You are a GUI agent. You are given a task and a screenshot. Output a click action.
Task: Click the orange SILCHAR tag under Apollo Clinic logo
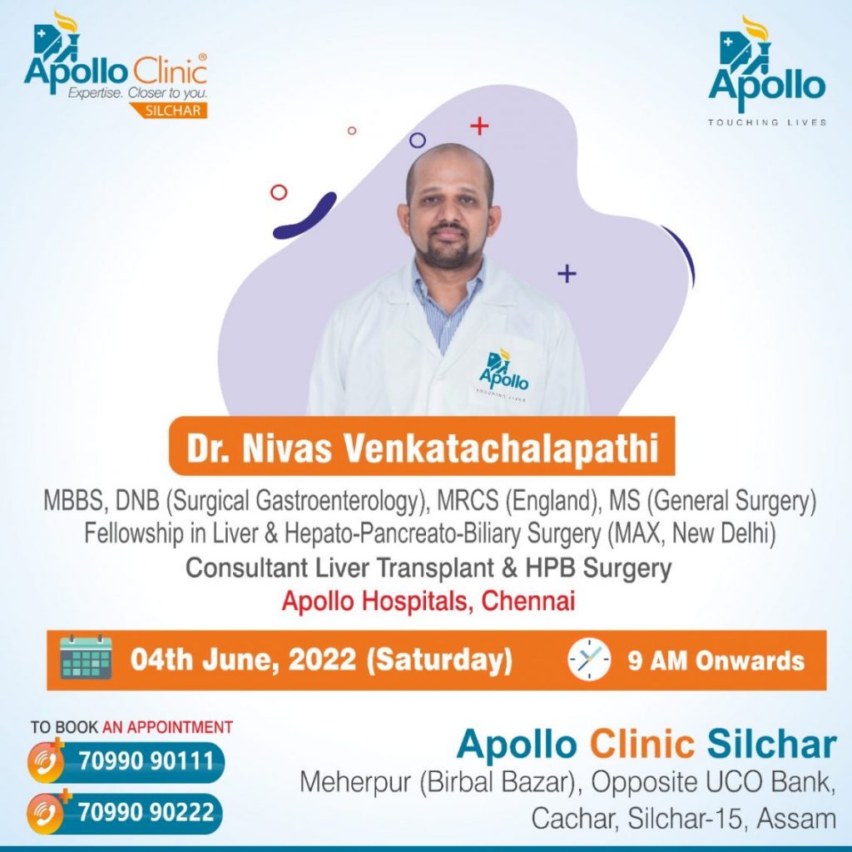pos(168,111)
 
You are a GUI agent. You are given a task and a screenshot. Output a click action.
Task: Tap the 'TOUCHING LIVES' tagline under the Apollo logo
pos(766,122)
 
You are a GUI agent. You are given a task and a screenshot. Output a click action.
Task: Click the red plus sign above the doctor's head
pos(479,126)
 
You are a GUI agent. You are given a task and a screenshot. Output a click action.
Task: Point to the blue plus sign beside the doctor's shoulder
pos(567,273)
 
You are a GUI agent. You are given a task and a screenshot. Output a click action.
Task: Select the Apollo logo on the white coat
pos(503,372)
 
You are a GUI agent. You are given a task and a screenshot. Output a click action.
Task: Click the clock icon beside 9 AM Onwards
pos(589,659)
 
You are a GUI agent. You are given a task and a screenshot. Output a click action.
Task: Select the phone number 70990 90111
pos(146,760)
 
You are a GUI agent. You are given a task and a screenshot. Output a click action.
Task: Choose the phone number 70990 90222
pos(146,812)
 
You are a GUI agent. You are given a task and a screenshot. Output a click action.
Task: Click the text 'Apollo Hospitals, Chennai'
pos(428,601)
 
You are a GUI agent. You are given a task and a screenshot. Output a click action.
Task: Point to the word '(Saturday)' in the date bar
pos(439,660)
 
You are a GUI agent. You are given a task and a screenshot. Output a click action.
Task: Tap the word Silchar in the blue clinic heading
pos(771,744)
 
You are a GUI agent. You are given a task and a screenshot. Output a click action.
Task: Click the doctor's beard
pos(448,251)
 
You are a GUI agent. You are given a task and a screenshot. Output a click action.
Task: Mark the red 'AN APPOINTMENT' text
pos(167,727)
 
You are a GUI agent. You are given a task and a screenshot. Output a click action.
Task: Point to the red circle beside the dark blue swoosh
pos(279,192)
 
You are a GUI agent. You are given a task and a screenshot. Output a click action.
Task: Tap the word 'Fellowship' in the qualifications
pos(134,533)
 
